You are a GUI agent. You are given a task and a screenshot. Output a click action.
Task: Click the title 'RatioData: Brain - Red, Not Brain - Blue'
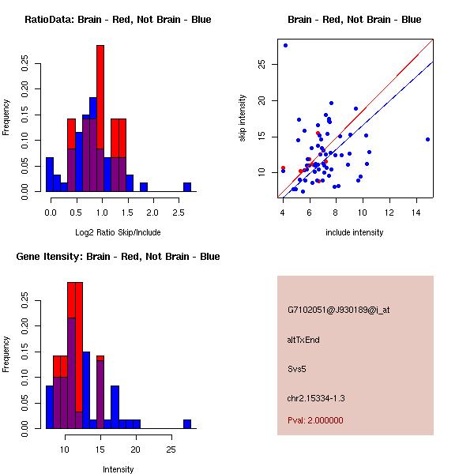point(118,20)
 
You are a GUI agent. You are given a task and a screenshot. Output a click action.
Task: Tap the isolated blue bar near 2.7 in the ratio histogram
point(187,186)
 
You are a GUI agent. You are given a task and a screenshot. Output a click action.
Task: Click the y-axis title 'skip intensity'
point(243,118)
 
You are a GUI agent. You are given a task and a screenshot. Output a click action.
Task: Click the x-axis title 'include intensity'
point(354,232)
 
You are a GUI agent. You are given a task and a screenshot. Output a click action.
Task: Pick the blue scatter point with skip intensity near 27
point(285,45)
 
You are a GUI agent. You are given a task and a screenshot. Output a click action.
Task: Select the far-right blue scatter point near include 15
point(427,139)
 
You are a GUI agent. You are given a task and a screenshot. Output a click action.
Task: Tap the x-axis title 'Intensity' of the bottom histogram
point(118,469)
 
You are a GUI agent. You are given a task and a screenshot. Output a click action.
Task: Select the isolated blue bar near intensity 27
point(187,423)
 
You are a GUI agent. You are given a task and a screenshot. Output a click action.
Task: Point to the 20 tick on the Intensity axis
point(135,434)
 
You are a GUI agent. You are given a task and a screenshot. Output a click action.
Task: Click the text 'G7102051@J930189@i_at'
point(338,310)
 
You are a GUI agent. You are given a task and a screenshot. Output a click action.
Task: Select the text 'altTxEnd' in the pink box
point(303,340)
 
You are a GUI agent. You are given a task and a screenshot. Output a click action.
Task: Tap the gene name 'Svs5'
point(297,368)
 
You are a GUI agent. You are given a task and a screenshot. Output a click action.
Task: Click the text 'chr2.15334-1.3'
point(316,397)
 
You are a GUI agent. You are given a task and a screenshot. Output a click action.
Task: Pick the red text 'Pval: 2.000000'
point(315,420)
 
